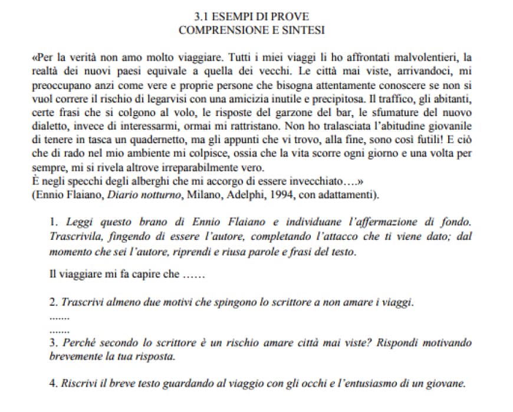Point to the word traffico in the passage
click(383, 98)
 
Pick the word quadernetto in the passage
click(175, 139)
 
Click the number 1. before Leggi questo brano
click(54, 223)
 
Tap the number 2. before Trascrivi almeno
click(54, 303)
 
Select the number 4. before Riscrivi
click(54, 383)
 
